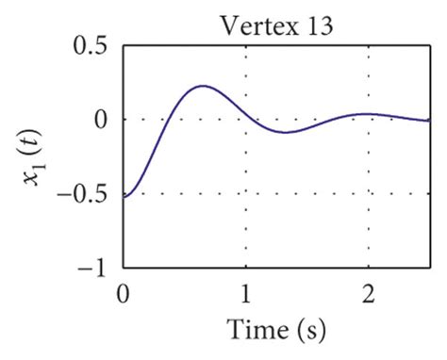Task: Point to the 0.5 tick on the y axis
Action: point(89,46)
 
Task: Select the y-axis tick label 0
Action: point(99,120)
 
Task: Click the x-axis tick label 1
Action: point(246,291)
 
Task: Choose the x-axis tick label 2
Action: point(368,291)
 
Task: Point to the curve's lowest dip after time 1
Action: point(284,133)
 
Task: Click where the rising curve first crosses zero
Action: point(166,120)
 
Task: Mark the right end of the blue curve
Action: point(428,121)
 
